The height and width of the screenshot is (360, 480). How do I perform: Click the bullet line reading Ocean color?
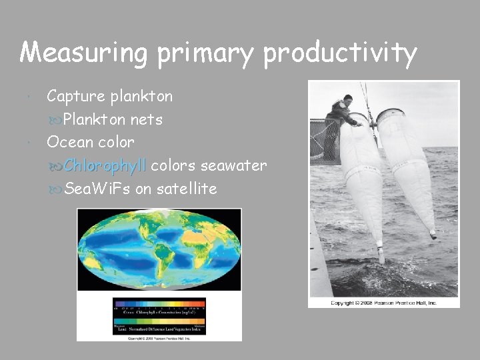click(x=90, y=142)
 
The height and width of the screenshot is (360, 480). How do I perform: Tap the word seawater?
click(x=233, y=165)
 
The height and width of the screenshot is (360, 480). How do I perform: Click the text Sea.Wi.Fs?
click(x=98, y=189)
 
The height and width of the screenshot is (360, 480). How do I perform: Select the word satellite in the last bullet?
click(x=186, y=189)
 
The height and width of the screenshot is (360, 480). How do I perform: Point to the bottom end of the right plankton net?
click(x=433, y=235)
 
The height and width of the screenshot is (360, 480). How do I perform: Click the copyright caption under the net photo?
click(x=384, y=303)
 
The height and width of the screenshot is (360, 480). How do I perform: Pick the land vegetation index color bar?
click(x=159, y=326)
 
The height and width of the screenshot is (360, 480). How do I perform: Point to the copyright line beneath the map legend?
click(x=159, y=337)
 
